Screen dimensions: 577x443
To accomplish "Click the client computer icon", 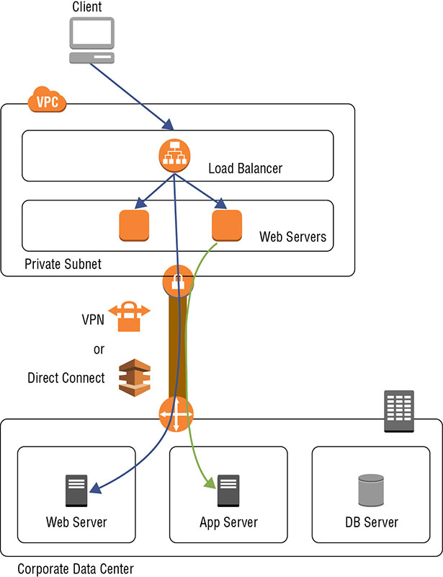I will [x=91, y=41].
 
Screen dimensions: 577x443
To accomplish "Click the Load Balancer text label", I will [x=245, y=169].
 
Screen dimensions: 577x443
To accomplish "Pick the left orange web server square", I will [x=134, y=226].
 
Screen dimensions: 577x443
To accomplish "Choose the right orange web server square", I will [x=227, y=226].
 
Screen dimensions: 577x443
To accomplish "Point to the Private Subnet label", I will [x=63, y=264].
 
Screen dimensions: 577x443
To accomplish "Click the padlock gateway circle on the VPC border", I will [x=177, y=279].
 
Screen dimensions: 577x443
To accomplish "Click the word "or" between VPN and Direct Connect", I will [x=99, y=349].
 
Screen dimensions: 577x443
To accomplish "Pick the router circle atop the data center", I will [x=176, y=414].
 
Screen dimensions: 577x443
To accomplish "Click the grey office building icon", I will [x=398, y=411].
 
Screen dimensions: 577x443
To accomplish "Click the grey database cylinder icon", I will [x=371, y=491].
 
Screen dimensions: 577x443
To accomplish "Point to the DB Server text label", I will [x=371, y=522].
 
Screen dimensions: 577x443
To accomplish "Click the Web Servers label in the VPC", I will [x=292, y=237].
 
